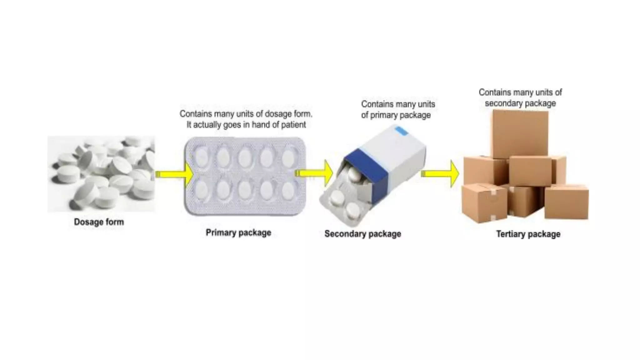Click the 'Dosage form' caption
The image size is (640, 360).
click(99, 222)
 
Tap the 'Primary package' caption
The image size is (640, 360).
click(238, 233)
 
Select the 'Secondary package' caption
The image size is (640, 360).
click(362, 234)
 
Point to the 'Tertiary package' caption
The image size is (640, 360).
click(528, 234)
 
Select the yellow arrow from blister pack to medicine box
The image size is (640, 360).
click(314, 173)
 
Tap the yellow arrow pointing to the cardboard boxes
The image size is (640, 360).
click(440, 174)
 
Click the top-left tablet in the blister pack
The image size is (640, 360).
click(202, 157)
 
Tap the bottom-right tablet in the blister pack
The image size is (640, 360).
click(288, 189)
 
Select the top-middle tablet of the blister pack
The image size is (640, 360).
click(245, 157)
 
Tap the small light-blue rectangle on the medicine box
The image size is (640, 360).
click(401, 131)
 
